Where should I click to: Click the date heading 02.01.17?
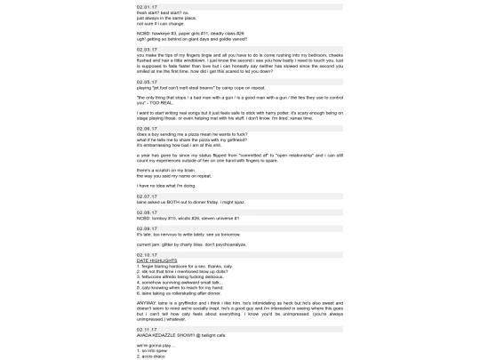148,6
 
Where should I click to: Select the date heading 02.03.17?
148,50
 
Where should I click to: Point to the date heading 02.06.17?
148,128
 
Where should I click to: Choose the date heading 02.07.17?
148,197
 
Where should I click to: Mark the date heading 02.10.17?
148,254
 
